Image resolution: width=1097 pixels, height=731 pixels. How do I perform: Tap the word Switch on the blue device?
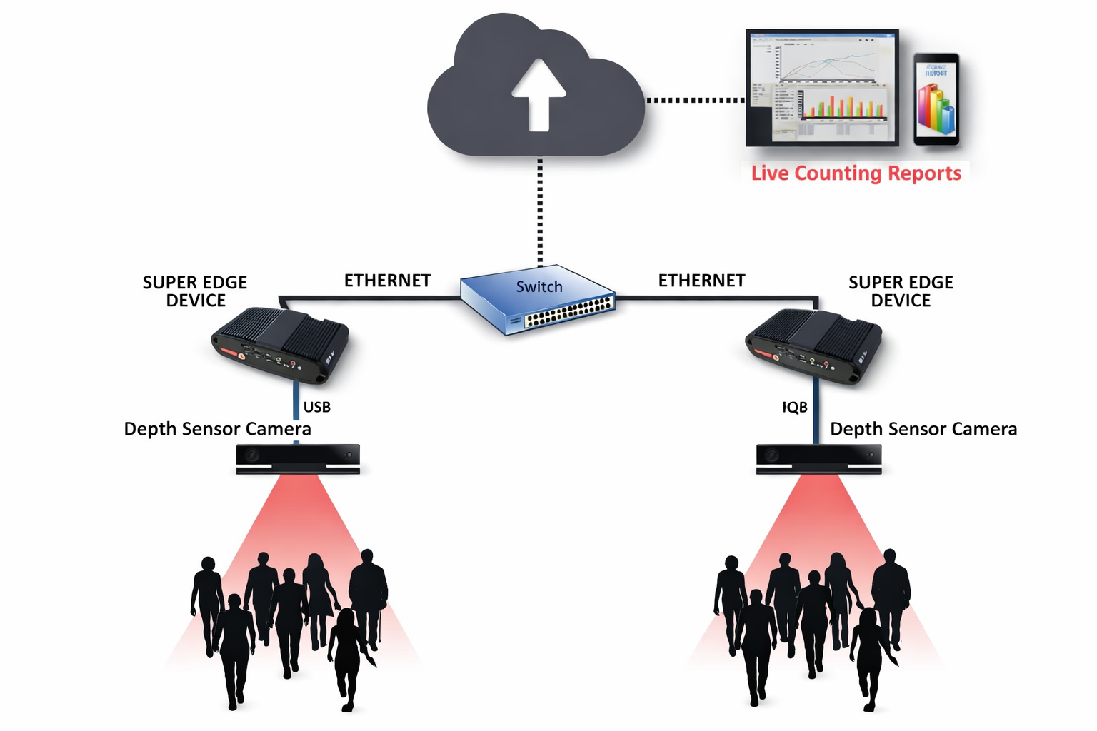[539, 287]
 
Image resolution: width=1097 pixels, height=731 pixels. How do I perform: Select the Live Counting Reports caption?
[856, 173]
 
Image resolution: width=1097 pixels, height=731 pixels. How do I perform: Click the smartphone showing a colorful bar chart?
[936, 99]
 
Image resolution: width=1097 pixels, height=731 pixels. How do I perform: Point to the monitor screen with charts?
[822, 87]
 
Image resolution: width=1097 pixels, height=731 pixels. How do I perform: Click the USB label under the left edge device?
[317, 408]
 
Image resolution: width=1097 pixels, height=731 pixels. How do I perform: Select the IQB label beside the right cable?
[795, 408]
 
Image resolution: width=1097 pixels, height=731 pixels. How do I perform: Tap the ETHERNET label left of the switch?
[387, 281]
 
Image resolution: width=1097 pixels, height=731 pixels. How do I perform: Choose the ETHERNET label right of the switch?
[701, 281]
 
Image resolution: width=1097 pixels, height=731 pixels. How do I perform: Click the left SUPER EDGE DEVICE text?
[195, 291]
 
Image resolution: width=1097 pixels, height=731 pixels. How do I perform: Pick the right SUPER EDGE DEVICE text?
[901, 291]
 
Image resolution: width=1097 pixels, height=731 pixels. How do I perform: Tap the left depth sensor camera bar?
[298, 458]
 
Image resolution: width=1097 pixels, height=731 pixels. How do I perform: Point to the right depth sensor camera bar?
[818, 458]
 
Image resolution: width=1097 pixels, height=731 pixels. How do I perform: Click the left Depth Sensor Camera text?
[217, 429]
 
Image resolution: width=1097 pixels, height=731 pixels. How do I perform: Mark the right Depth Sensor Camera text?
[923, 429]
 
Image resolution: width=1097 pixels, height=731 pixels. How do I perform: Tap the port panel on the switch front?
[569, 313]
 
